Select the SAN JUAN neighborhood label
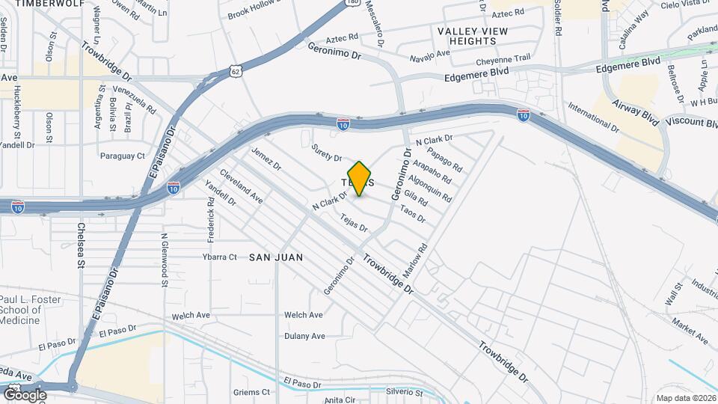click(x=276, y=257)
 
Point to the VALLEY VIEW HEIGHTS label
click(x=473, y=36)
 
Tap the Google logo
click(x=25, y=394)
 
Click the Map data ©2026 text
click(x=684, y=398)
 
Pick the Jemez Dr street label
click(x=266, y=158)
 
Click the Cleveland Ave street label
click(x=242, y=189)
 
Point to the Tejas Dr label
click(x=354, y=222)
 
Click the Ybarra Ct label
click(x=220, y=257)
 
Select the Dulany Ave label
click(x=304, y=336)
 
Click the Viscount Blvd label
click(x=692, y=122)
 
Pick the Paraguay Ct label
click(x=123, y=156)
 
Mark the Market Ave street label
click(x=690, y=330)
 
